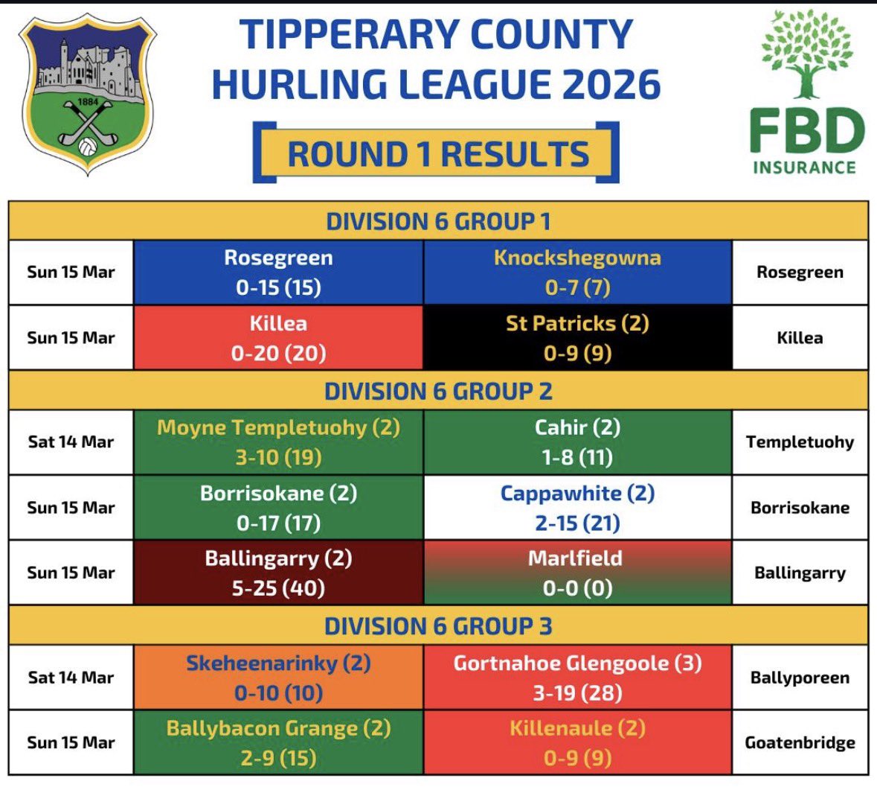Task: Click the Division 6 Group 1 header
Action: tap(438, 221)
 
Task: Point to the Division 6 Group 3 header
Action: tap(438, 626)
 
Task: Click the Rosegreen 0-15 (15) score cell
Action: tap(278, 273)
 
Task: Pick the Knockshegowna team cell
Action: tap(577, 273)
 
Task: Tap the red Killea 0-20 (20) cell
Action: tap(278, 338)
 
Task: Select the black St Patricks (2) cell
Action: tap(577, 338)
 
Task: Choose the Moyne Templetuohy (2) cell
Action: tap(278, 442)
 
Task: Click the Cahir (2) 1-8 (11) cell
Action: tap(577, 442)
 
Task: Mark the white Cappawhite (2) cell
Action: tap(577, 508)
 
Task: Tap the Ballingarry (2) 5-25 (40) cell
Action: tap(278, 573)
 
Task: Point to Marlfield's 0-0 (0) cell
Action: tap(577, 573)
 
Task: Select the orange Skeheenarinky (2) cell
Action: tap(278, 678)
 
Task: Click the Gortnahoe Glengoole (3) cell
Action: tap(577, 678)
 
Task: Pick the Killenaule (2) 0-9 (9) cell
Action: tap(577, 743)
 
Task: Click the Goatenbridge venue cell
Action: tap(800, 743)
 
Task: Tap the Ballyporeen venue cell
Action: tap(800, 678)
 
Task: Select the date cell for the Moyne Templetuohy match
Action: tap(71, 442)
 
